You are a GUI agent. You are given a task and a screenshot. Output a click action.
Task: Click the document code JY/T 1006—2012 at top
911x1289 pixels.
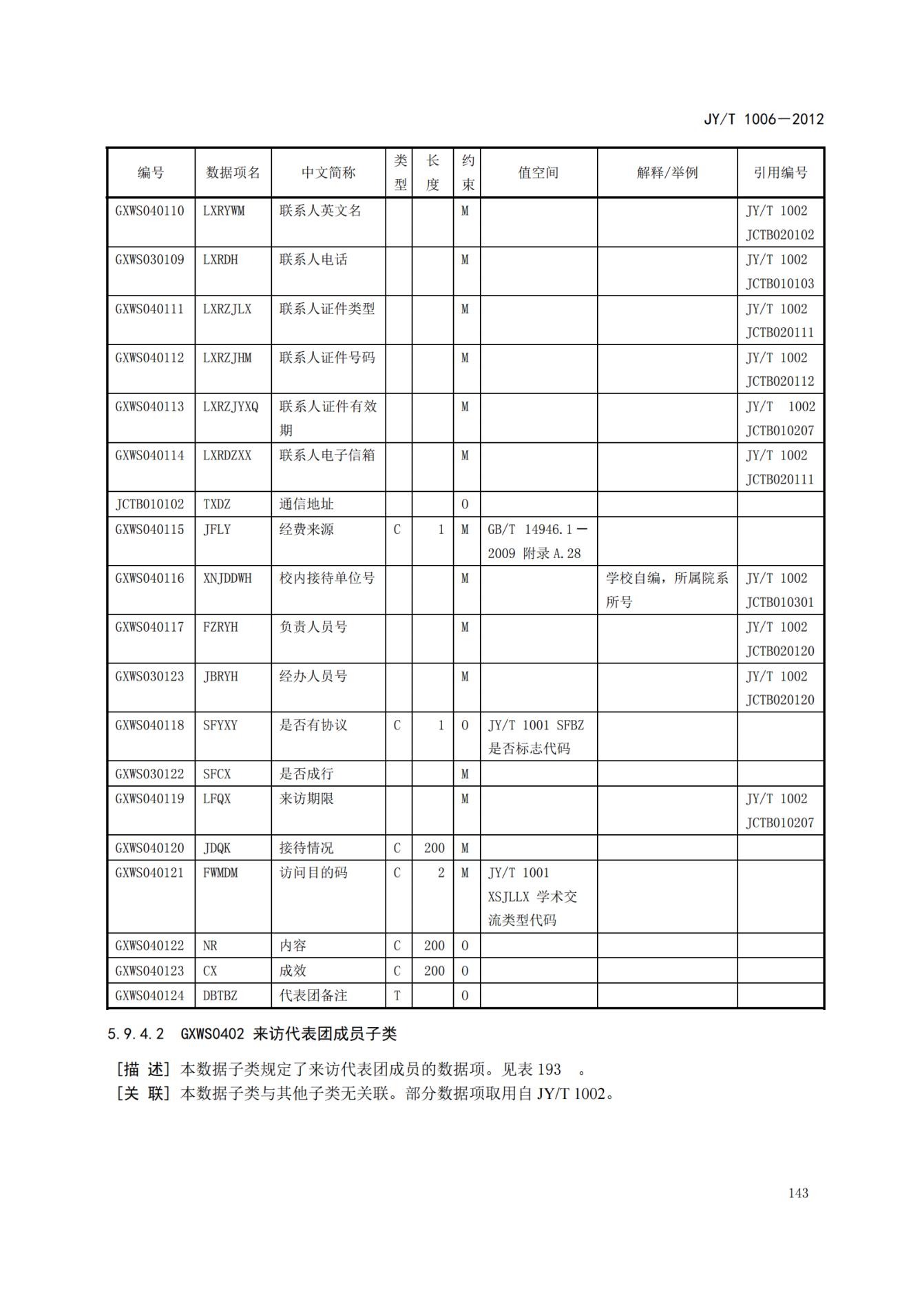(763, 118)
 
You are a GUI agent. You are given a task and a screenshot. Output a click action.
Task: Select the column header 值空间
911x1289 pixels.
(538, 173)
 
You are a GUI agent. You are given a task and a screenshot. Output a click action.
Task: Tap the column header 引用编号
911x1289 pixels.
(779, 173)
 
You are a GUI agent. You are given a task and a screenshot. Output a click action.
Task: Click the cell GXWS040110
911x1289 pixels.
(149, 211)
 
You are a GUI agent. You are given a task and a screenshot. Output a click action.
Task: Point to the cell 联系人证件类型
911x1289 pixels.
(327, 309)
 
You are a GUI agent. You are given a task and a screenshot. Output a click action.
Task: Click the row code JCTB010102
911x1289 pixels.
(149, 504)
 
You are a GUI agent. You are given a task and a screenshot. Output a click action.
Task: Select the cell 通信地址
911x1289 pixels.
(306, 504)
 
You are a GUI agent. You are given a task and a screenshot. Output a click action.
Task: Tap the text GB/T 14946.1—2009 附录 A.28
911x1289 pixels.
(537, 542)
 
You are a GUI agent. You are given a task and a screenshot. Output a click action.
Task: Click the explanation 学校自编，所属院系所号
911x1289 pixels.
(666, 590)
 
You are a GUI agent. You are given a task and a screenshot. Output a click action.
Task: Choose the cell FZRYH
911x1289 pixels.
(220, 627)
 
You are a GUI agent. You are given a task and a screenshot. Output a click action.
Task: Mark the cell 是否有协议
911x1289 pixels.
(313, 725)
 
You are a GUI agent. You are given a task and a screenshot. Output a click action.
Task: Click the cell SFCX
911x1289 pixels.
(217, 774)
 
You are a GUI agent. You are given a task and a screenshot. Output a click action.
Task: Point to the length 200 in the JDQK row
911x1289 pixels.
(434, 847)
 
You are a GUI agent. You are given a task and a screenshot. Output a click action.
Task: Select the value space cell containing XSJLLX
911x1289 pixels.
(532, 896)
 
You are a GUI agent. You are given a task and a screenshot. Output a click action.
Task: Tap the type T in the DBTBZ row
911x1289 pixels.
(397, 995)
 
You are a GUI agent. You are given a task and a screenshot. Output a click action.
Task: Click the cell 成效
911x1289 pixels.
(293, 970)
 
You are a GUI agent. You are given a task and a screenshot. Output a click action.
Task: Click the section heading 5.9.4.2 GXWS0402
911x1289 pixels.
(252, 1033)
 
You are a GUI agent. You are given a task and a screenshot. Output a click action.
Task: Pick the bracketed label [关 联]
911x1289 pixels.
(143, 1093)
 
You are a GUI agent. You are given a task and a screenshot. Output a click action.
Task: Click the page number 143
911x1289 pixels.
(797, 1193)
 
